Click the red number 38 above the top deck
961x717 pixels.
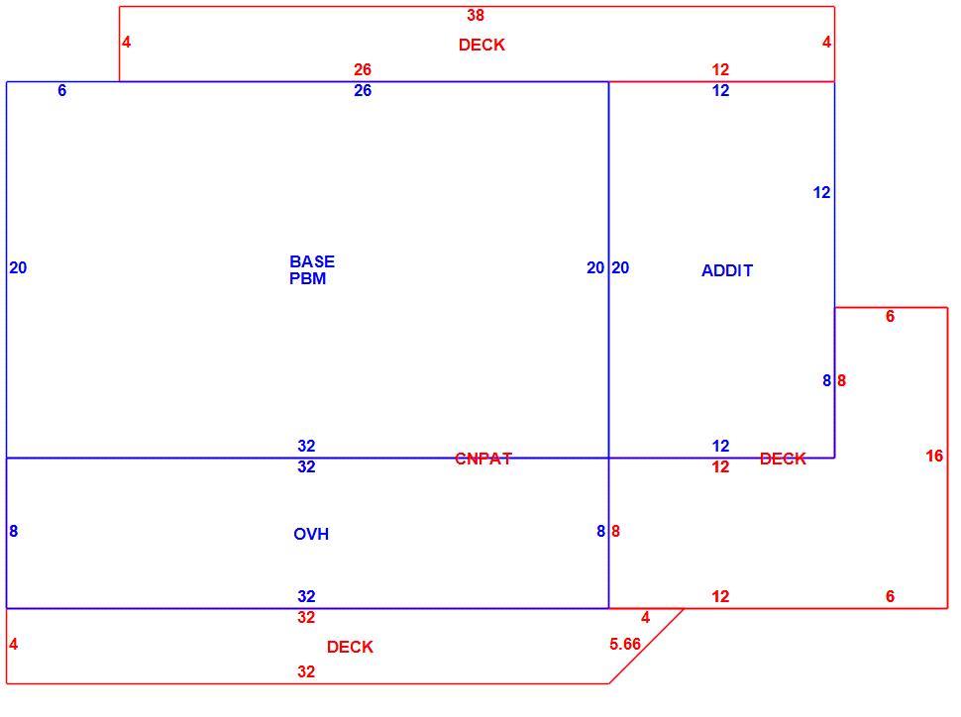(x=476, y=15)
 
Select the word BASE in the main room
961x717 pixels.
(x=312, y=261)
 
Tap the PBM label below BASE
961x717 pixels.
(x=308, y=278)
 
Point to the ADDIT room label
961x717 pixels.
(x=727, y=270)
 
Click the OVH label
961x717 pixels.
(x=311, y=535)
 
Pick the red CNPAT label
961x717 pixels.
(x=482, y=459)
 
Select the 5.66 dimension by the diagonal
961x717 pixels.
(x=625, y=644)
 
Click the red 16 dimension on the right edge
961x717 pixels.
(x=934, y=456)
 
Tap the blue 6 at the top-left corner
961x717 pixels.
(x=61, y=91)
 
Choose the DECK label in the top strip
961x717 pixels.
(x=481, y=45)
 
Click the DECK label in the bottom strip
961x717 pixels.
(x=350, y=647)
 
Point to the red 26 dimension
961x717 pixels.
(x=363, y=69)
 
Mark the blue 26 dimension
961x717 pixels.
(x=363, y=91)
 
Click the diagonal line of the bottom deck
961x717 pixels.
(x=647, y=646)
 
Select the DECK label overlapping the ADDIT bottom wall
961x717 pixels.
(x=783, y=459)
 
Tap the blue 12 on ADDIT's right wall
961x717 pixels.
(x=821, y=192)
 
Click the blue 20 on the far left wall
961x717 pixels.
(x=18, y=267)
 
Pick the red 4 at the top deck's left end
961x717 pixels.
(x=126, y=43)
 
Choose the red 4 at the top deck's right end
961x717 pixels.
(x=827, y=43)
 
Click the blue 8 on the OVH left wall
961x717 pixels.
(x=14, y=532)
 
